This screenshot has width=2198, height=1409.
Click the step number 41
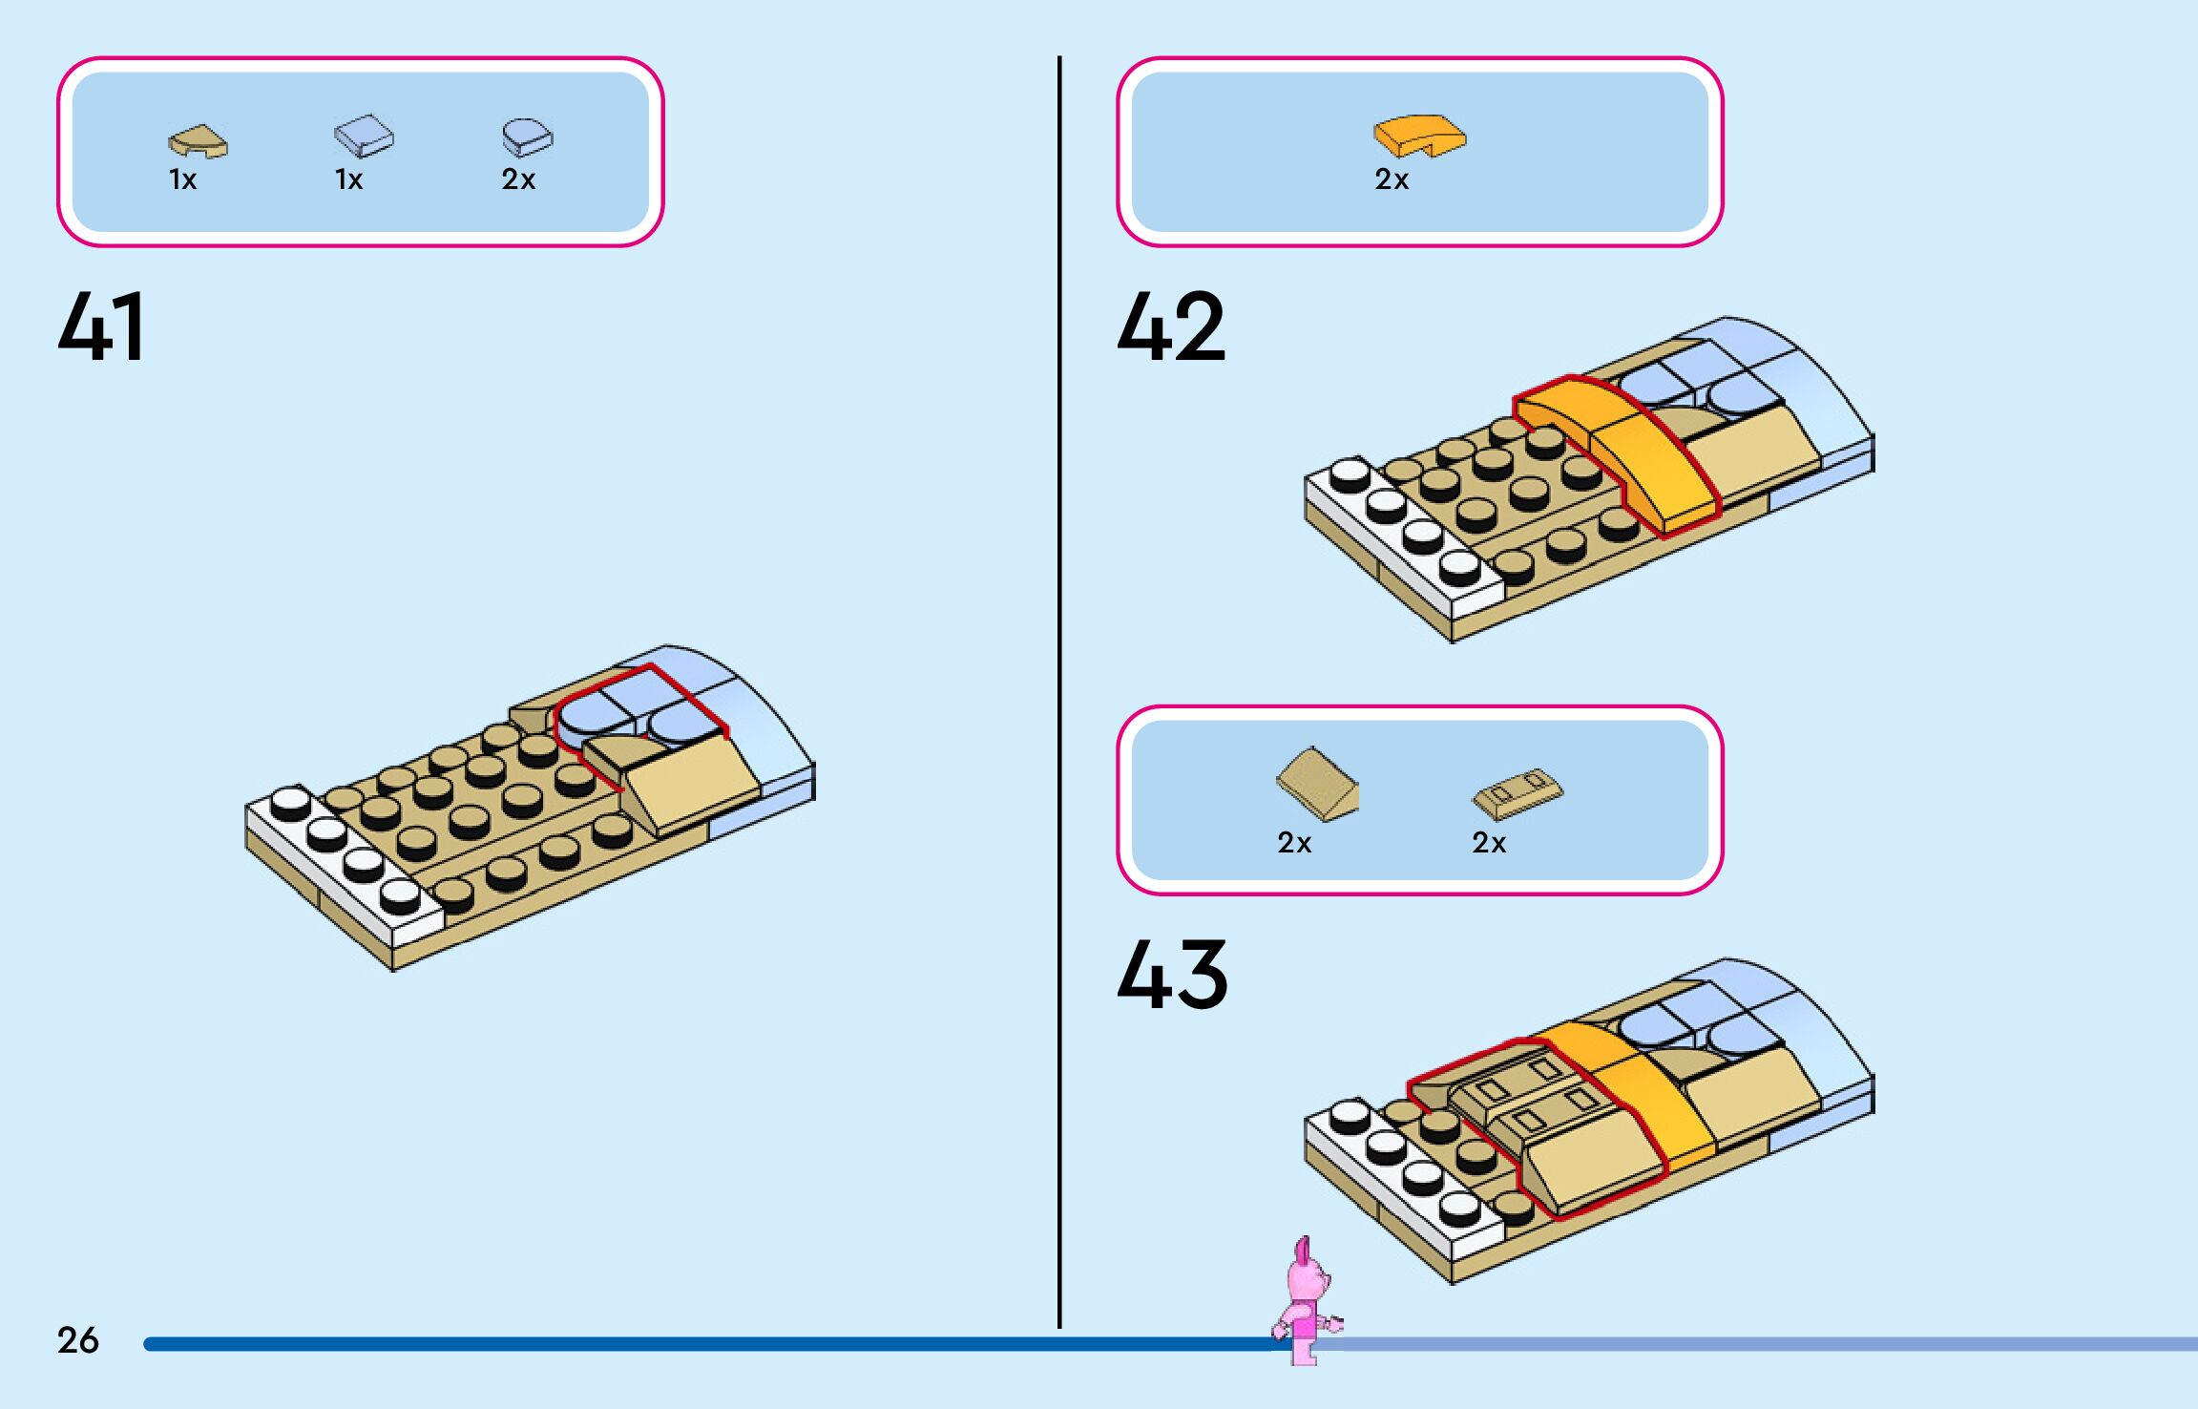pyautogui.click(x=101, y=326)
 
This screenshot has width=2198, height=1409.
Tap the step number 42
pyautogui.click(x=1171, y=326)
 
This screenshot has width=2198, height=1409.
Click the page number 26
pyautogui.click(x=77, y=1340)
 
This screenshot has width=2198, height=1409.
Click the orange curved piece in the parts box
pyautogui.click(x=1419, y=136)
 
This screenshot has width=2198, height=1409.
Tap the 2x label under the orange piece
pyautogui.click(x=1392, y=179)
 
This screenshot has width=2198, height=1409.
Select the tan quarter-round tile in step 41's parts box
pyautogui.click(x=199, y=141)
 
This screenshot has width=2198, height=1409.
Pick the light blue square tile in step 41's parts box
pyautogui.click(x=364, y=137)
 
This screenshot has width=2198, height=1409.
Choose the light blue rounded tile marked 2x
pyautogui.click(x=527, y=137)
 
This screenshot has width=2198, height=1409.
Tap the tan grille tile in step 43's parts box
pyautogui.click(x=1518, y=792)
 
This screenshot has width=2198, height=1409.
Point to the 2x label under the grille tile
pyautogui.click(x=1489, y=843)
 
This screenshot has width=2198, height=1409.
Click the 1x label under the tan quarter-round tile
pyautogui.click(x=183, y=179)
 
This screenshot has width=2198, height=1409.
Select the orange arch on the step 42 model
pyautogui.click(x=1622, y=449)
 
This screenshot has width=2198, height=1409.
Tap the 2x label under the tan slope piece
pyautogui.click(x=1294, y=843)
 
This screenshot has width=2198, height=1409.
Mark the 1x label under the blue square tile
pyautogui.click(x=349, y=179)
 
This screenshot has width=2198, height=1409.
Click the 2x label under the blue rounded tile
pyautogui.click(x=518, y=179)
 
